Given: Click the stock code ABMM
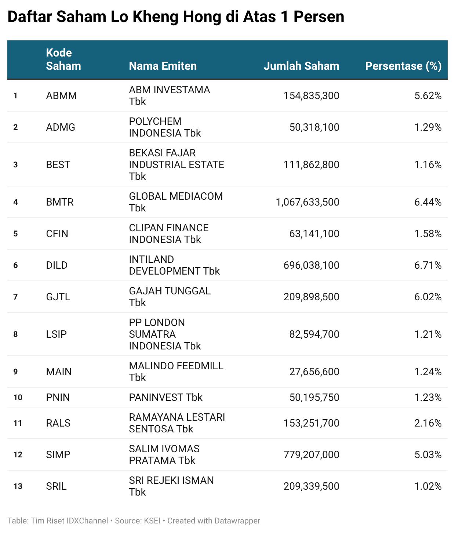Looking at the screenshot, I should pos(61,96).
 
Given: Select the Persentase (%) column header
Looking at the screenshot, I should pos(403,66).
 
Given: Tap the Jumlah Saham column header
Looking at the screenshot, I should pos(301,66).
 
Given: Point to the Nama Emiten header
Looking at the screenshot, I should pos(163,66).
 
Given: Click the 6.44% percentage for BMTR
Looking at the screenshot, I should pos(427,202).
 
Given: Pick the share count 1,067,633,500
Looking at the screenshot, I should pos(307,202).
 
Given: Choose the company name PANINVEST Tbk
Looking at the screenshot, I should pos(165,398).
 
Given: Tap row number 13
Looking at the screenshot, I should pos(18,486).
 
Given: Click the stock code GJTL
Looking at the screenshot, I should pos(58,297).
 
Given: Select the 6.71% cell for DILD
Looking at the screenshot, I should pos(427,265).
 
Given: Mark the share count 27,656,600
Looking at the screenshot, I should pos(314,372).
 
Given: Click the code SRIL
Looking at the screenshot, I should pos(56,486).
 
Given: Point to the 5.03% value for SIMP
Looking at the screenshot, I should pos(427,455).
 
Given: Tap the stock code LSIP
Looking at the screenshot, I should pos(57,334).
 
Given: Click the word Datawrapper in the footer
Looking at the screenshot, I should pos(237,521).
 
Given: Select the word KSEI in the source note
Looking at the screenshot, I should pos(152,521).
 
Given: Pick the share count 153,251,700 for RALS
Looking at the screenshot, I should pos(311,423).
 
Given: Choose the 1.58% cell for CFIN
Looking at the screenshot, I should pos(427,234).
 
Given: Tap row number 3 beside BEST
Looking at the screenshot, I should pos(15,165).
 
